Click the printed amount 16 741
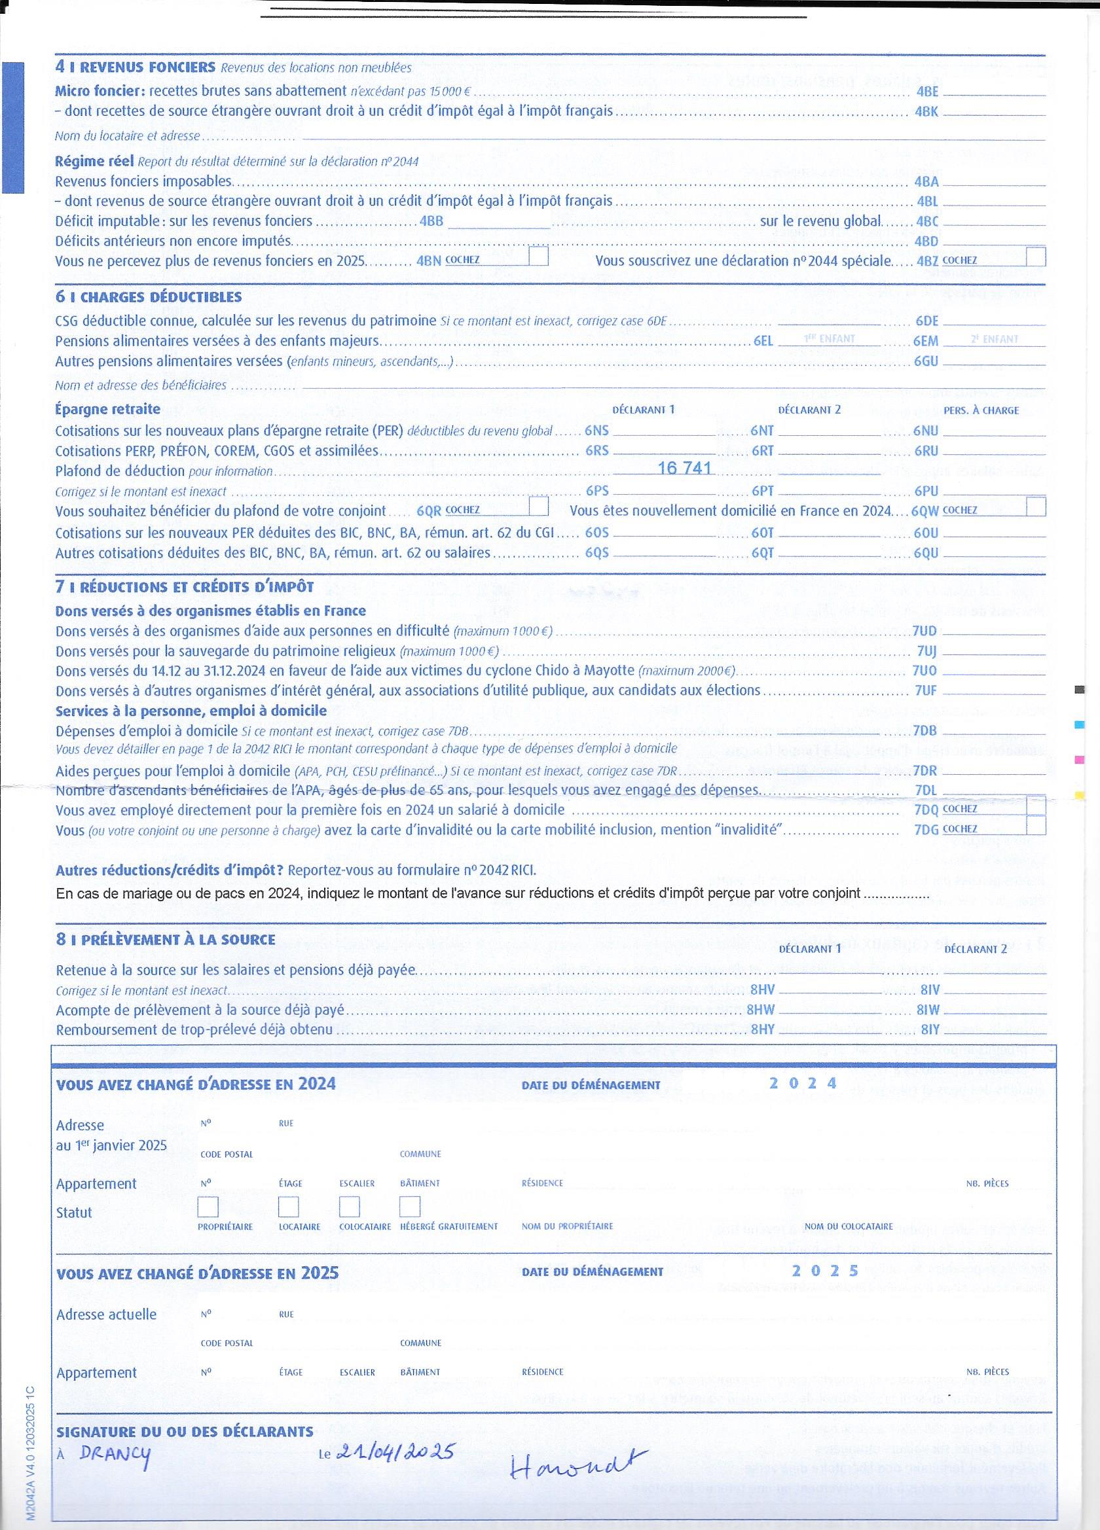pos(684,468)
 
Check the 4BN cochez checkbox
pos(538,257)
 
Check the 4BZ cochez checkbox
pos(1035,257)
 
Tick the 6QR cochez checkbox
pos(538,506)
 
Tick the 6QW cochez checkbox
pos(1035,507)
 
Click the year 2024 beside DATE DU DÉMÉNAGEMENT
pos(803,1084)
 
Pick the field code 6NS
pos(596,431)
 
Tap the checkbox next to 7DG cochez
pos(1035,826)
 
